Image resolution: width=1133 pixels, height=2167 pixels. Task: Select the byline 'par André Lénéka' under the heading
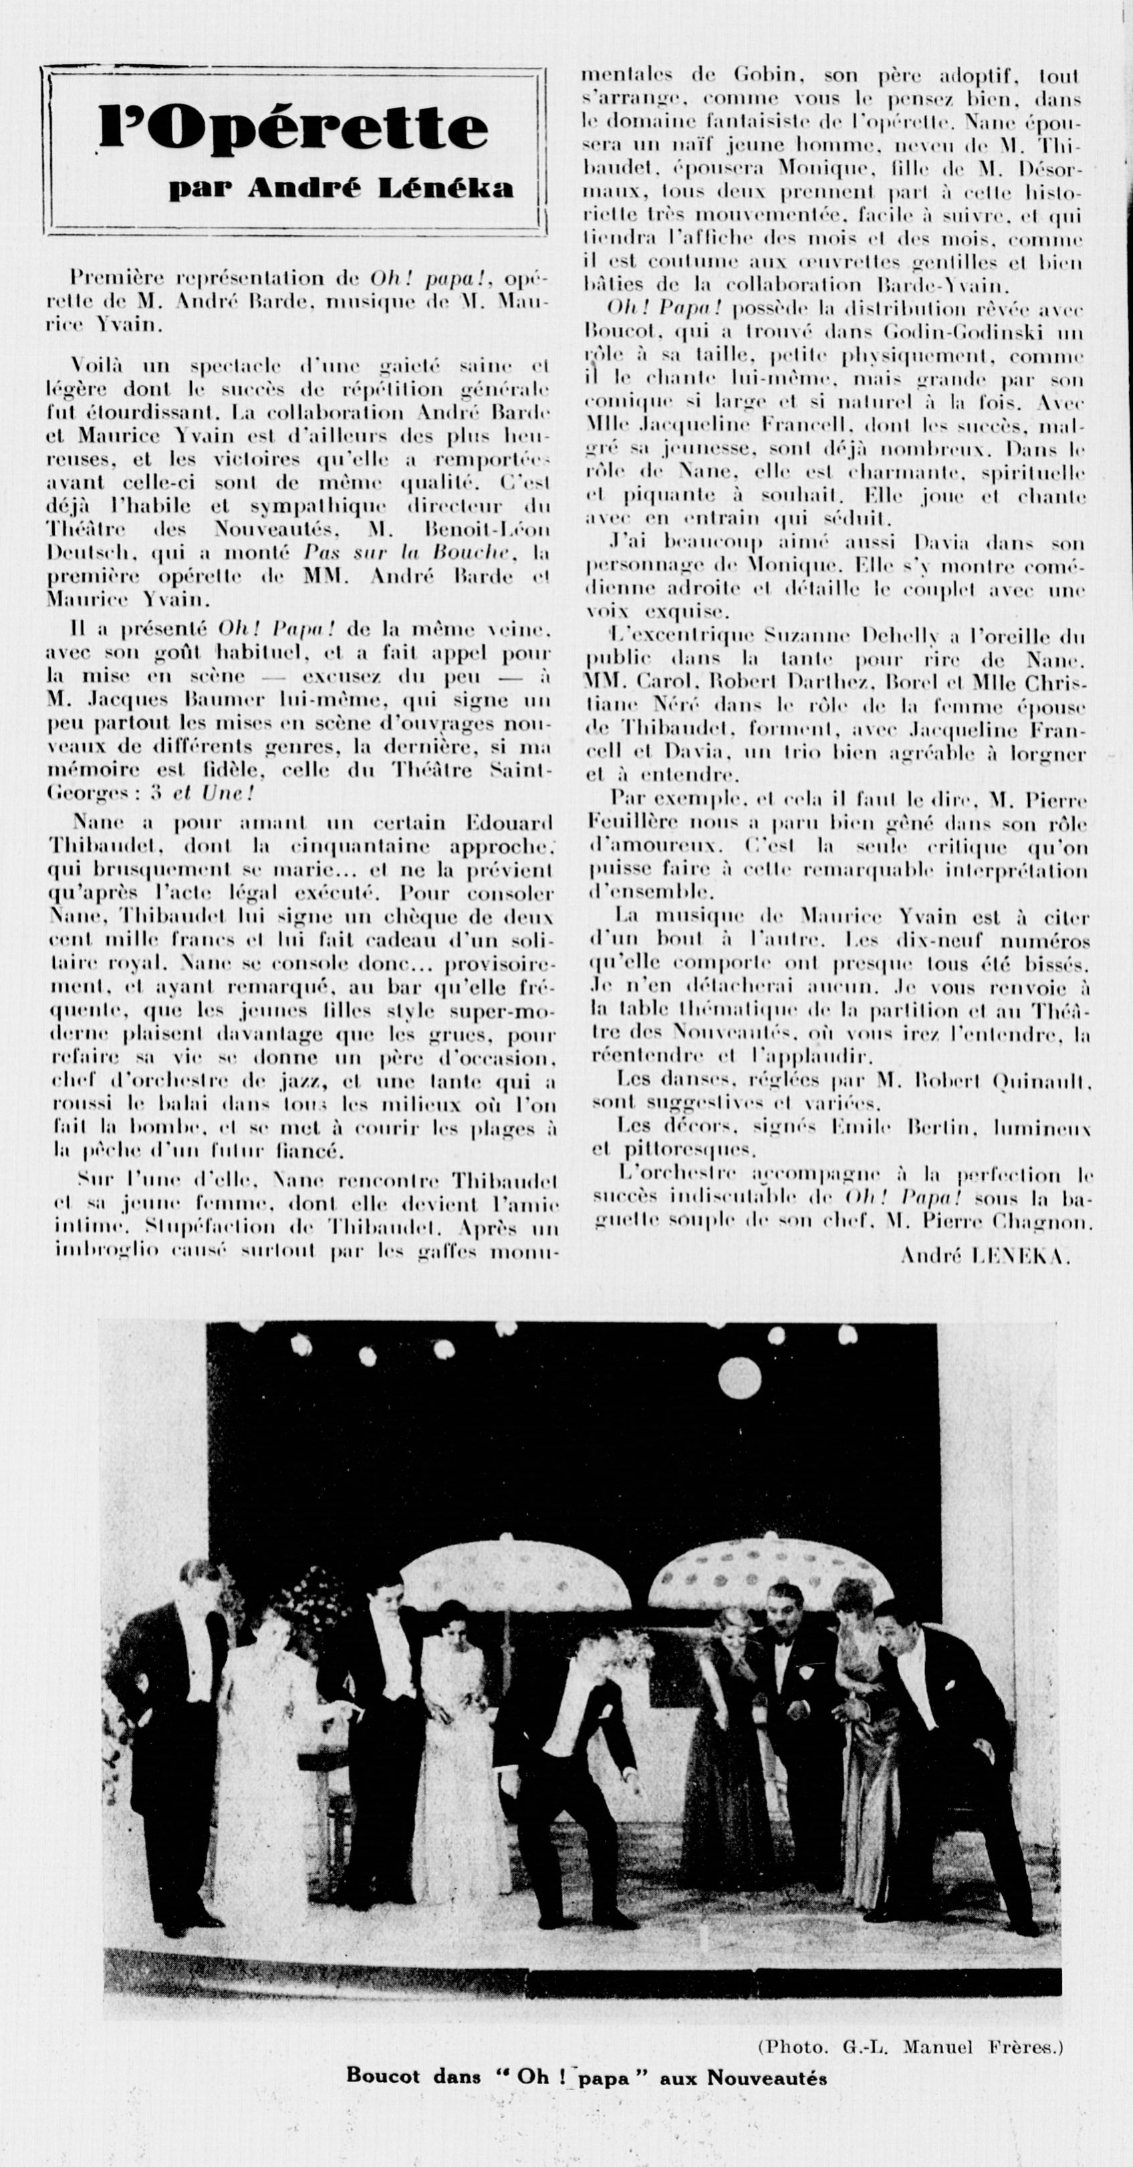341,189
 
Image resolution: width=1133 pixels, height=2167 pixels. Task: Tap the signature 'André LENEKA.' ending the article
985,1257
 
